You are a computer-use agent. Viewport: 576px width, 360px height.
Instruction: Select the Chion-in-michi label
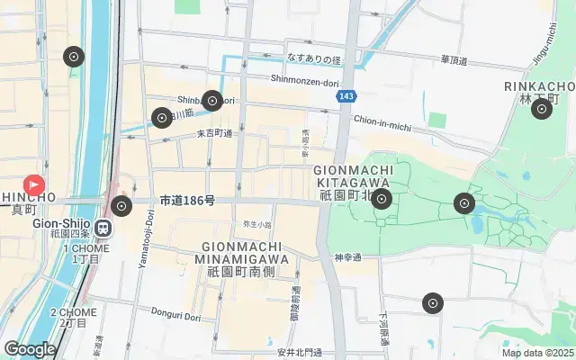[x=382, y=118]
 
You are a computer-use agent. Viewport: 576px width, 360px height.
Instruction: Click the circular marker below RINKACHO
[x=541, y=110]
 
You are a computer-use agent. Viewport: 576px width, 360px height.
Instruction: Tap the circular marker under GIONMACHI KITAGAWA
[x=382, y=200]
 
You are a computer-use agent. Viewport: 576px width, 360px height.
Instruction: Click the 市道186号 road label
[x=187, y=200]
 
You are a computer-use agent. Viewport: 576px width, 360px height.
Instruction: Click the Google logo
[x=30, y=348]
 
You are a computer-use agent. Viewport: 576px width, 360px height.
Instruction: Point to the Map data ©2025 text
[x=537, y=353]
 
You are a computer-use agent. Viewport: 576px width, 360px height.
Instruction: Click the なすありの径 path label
[x=314, y=58]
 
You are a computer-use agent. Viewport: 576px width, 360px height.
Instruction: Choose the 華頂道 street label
[x=455, y=59]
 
